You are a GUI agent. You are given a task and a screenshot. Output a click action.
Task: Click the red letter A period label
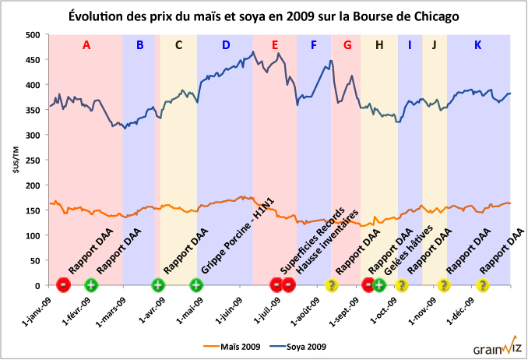86,45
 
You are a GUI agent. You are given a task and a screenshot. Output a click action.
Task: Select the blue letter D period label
226,45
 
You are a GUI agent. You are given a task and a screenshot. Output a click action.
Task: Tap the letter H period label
379,45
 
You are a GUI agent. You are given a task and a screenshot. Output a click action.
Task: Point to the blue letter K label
477,45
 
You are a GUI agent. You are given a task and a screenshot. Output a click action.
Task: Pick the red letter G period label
347,45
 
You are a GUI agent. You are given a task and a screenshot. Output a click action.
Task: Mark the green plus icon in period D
196,285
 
